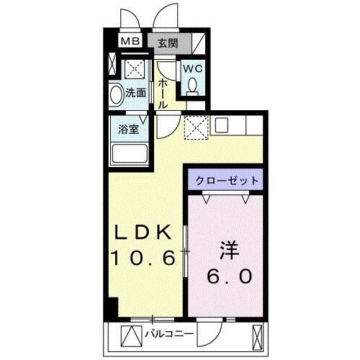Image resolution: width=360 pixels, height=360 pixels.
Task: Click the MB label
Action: pyautogui.click(x=130, y=41)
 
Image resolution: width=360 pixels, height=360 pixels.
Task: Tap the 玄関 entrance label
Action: pyautogui.click(x=167, y=41)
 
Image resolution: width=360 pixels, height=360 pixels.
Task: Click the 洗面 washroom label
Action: pyautogui.click(x=136, y=93)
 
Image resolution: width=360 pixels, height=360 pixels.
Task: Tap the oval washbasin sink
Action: pyautogui.click(x=117, y=94)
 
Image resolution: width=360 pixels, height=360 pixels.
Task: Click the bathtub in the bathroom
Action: pyautogui.click(x=130, y=154)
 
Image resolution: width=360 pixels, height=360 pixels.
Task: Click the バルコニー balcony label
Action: pyautogui.click(x=168, y=334)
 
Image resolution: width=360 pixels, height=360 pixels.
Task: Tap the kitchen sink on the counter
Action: pyautogui.click(x=220, y=125)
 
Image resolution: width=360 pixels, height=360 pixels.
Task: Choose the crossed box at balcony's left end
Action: pyautogui.click(x=132, y=336)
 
